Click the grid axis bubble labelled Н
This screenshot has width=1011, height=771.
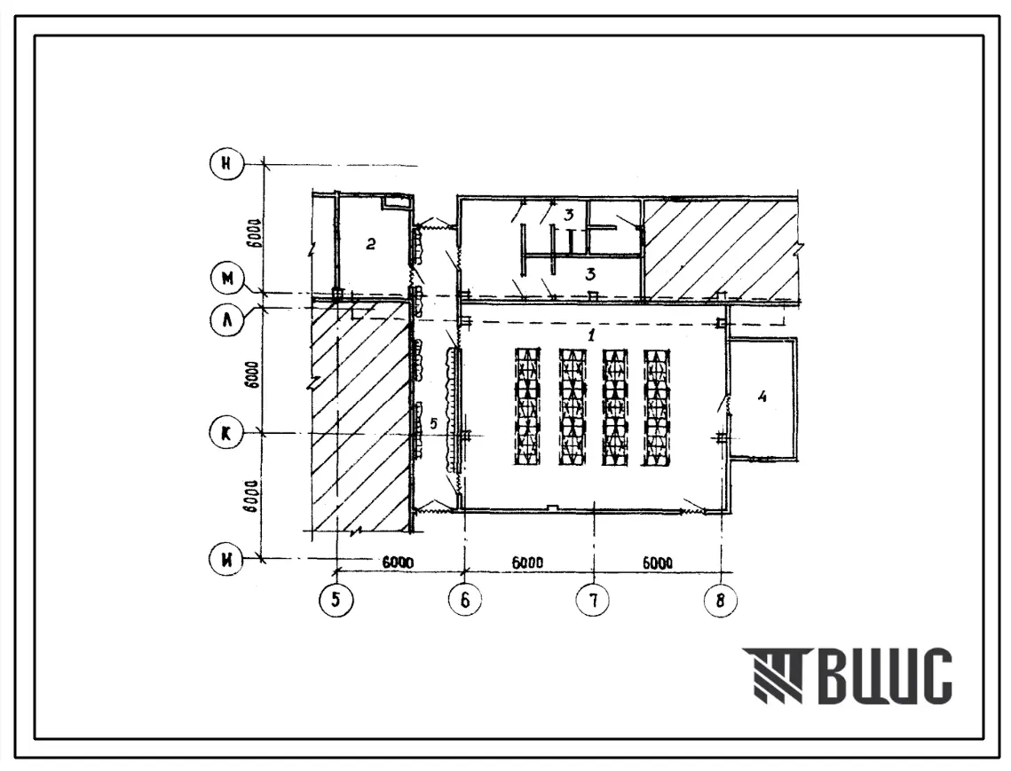[x=226, y=164]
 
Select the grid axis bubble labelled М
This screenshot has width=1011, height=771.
[x=227, y=279]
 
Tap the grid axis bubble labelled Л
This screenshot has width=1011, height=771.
[x=227, y=319]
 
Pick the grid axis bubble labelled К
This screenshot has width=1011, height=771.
[x=226, y=433]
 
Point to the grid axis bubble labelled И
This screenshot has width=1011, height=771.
[x=226, y=558]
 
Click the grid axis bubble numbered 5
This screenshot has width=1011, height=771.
[x=336, y=600]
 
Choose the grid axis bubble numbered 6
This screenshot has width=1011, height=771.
[x=465, y=600]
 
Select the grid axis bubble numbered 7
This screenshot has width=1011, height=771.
[x=593, y=600]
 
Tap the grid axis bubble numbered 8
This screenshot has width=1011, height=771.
[x=720, y=600]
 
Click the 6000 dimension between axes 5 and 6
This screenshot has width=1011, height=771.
[x=398, y=563]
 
